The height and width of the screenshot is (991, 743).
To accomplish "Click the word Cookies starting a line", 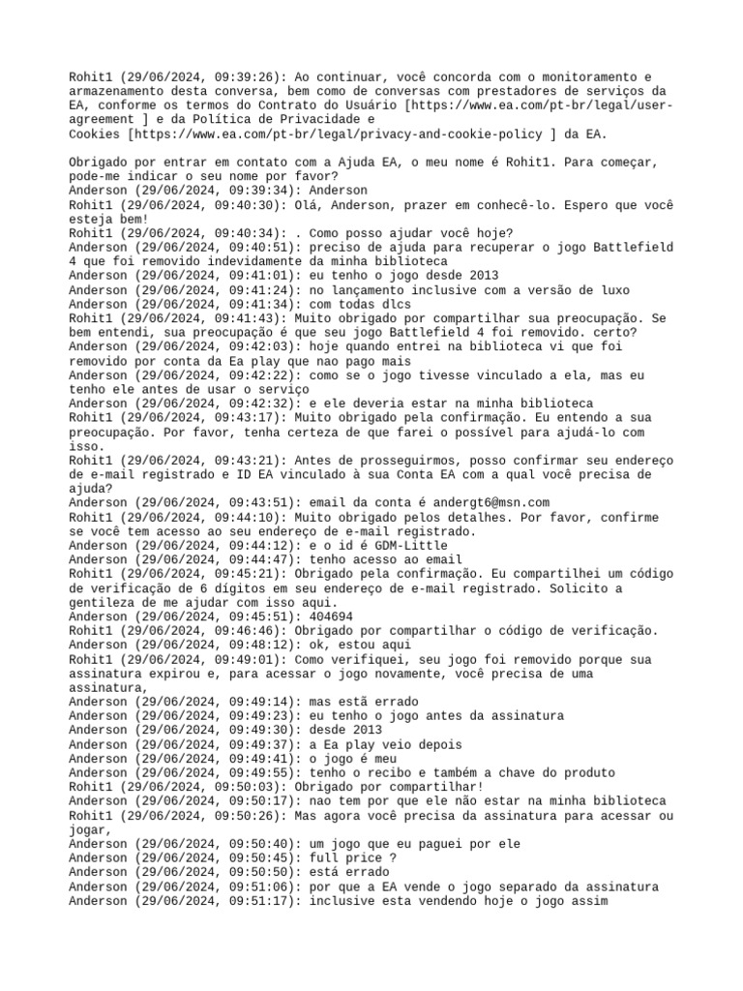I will [94, 135].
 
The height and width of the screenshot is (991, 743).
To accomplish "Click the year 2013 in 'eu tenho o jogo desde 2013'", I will [483, 275].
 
